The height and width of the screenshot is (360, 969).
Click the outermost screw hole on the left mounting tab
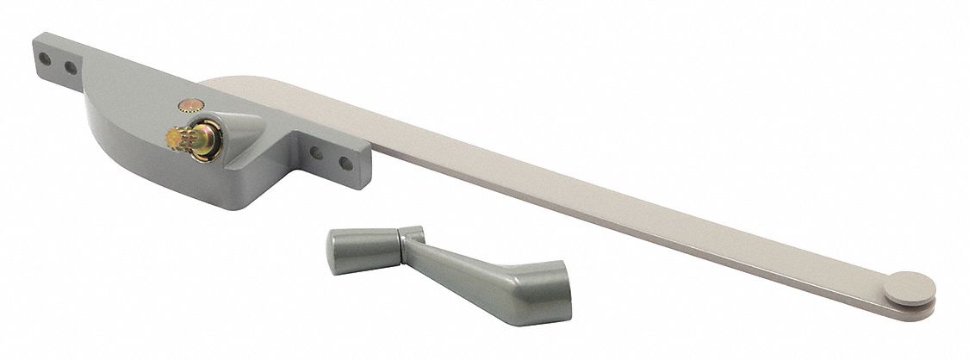point(41,53)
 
